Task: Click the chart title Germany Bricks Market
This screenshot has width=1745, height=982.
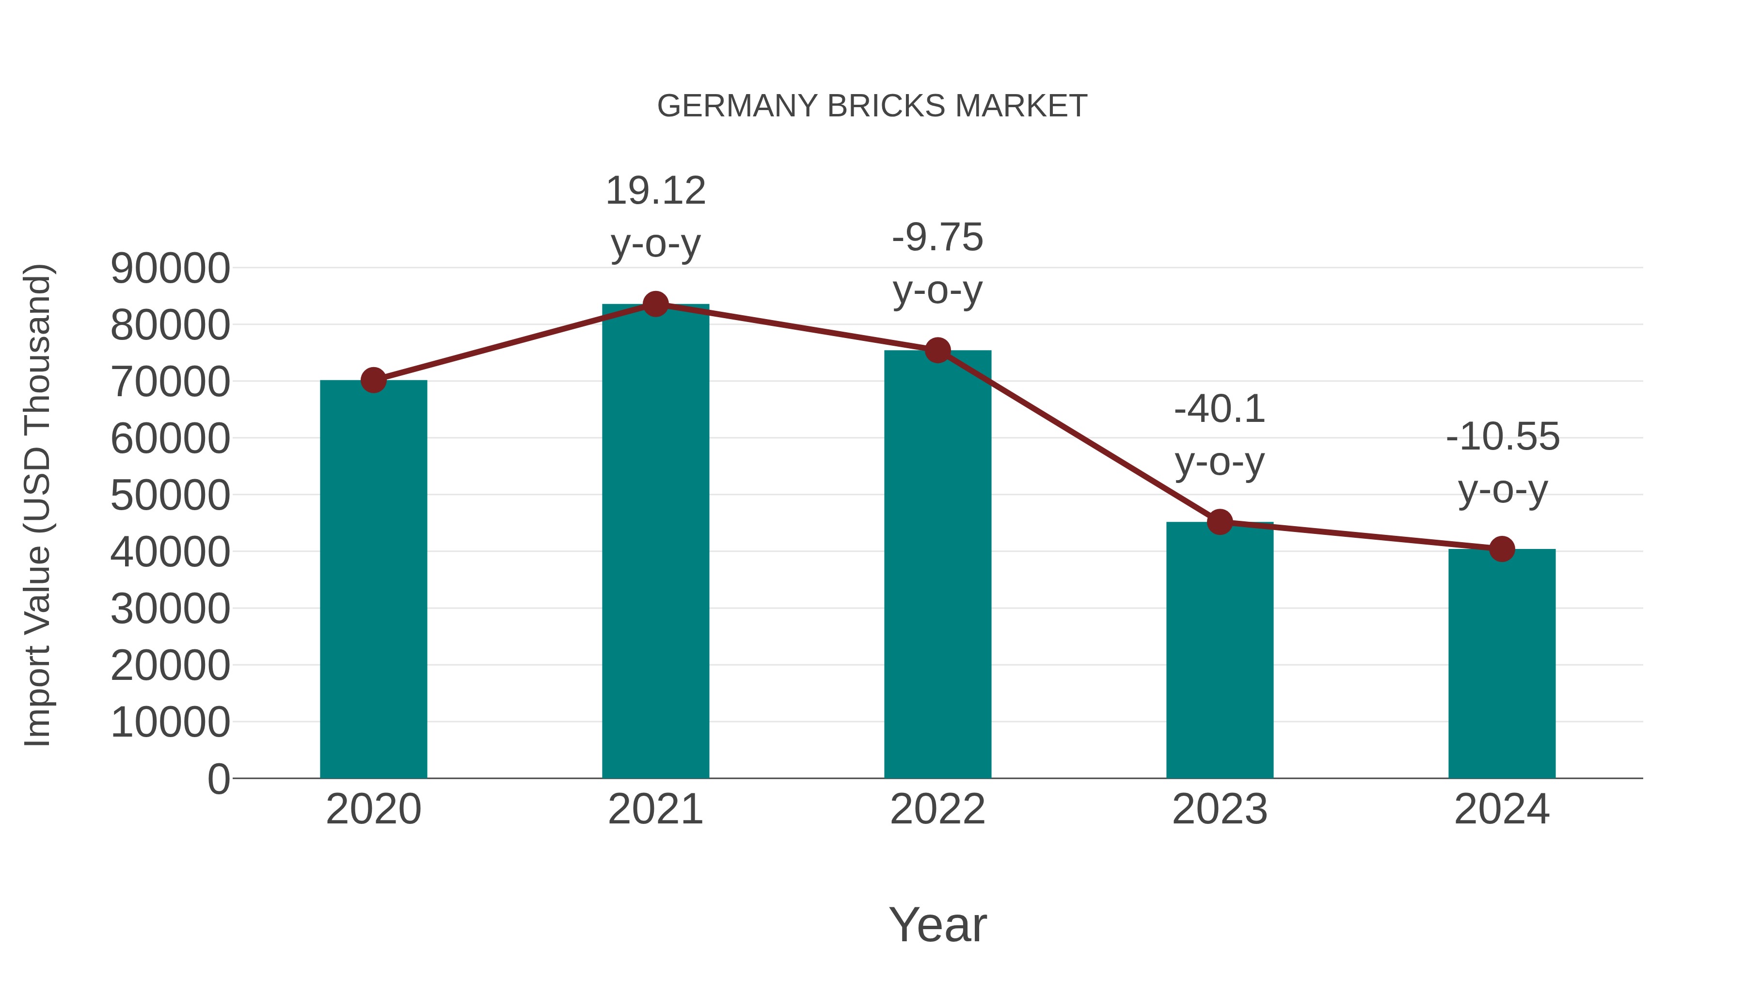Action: (x=872, y=106)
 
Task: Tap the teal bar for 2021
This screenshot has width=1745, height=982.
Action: (x=655, y=542)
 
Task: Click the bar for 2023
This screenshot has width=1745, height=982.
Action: (x=1220, y=651)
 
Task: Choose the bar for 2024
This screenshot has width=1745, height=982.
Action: (x=1502, y=664)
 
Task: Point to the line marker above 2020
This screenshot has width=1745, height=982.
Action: (x=373, y=380)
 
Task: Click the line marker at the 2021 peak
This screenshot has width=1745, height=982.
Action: (x=655, y=304)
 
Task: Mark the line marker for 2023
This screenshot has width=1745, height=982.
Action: (x=1220, y=522)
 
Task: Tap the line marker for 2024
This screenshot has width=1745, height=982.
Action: (x=1502, y=549)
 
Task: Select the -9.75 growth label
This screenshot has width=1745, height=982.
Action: (x=937, y=238)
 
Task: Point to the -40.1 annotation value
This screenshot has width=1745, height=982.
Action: (x=1220, y=409)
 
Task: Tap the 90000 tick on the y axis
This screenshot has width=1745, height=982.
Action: (x=170, y=268)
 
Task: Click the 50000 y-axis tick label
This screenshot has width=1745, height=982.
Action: (x=170, y=496)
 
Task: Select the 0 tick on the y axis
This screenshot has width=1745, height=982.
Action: (x=218, y=779)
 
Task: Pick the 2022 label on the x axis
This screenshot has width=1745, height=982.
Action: (x=937, y=809)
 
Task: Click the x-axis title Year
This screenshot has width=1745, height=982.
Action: (x=937, y=924)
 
